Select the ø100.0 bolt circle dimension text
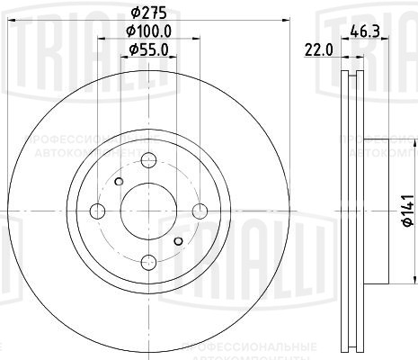(147, 33)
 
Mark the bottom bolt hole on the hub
(149, 262)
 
